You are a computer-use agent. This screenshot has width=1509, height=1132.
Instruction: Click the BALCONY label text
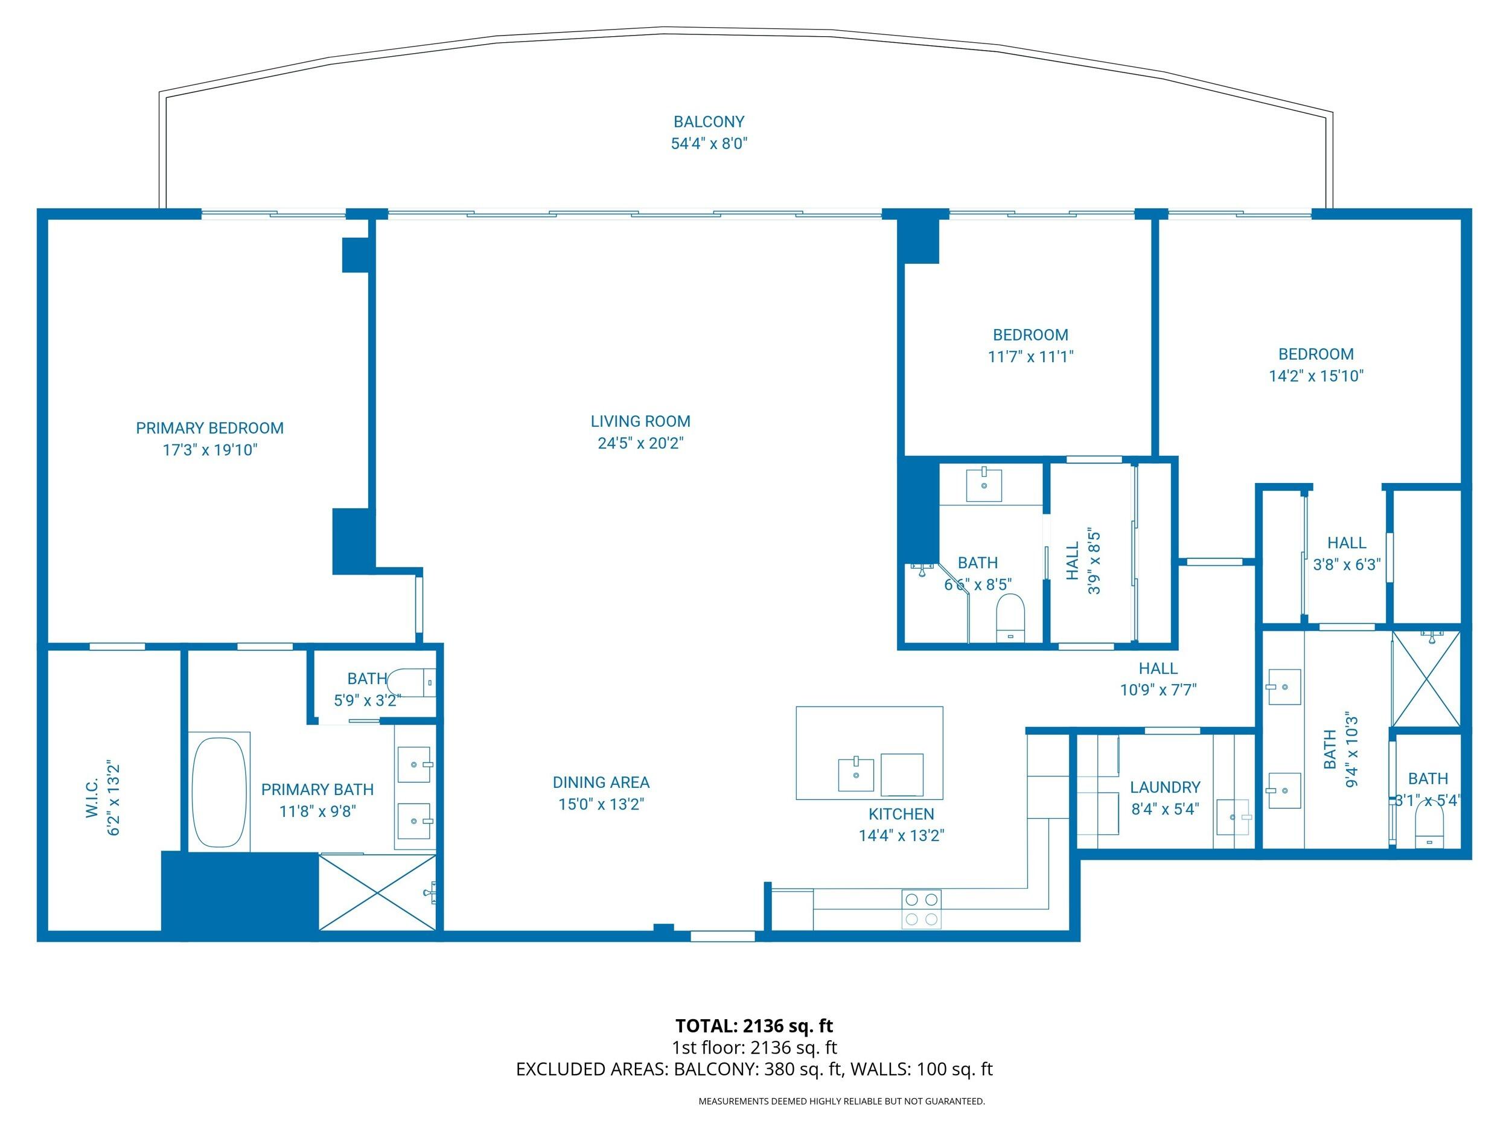(709, 121)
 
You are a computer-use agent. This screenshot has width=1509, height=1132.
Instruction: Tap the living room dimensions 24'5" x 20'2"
(640, 443)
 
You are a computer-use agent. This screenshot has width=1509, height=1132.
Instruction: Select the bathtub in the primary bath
(219, 791)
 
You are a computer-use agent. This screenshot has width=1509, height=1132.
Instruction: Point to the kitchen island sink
(855, 774)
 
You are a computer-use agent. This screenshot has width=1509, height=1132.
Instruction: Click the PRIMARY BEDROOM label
(209, 428)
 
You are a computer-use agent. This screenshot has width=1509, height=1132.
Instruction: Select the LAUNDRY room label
(1164, 787)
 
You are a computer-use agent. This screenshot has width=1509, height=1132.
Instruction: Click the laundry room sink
(1233, 817)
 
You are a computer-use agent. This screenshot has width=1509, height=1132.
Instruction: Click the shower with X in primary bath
(377, 891)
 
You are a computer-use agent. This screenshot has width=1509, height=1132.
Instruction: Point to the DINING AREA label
(601, 782)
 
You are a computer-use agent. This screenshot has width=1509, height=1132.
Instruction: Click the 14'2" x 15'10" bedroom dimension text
(1315, 376)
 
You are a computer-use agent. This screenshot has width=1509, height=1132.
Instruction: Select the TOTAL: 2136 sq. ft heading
(754, 1026)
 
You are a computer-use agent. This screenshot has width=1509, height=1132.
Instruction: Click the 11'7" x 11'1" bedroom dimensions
(1030, 356)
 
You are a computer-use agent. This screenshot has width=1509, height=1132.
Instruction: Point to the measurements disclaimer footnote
(841, 1101)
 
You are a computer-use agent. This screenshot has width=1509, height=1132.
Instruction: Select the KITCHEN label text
(901, 813)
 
